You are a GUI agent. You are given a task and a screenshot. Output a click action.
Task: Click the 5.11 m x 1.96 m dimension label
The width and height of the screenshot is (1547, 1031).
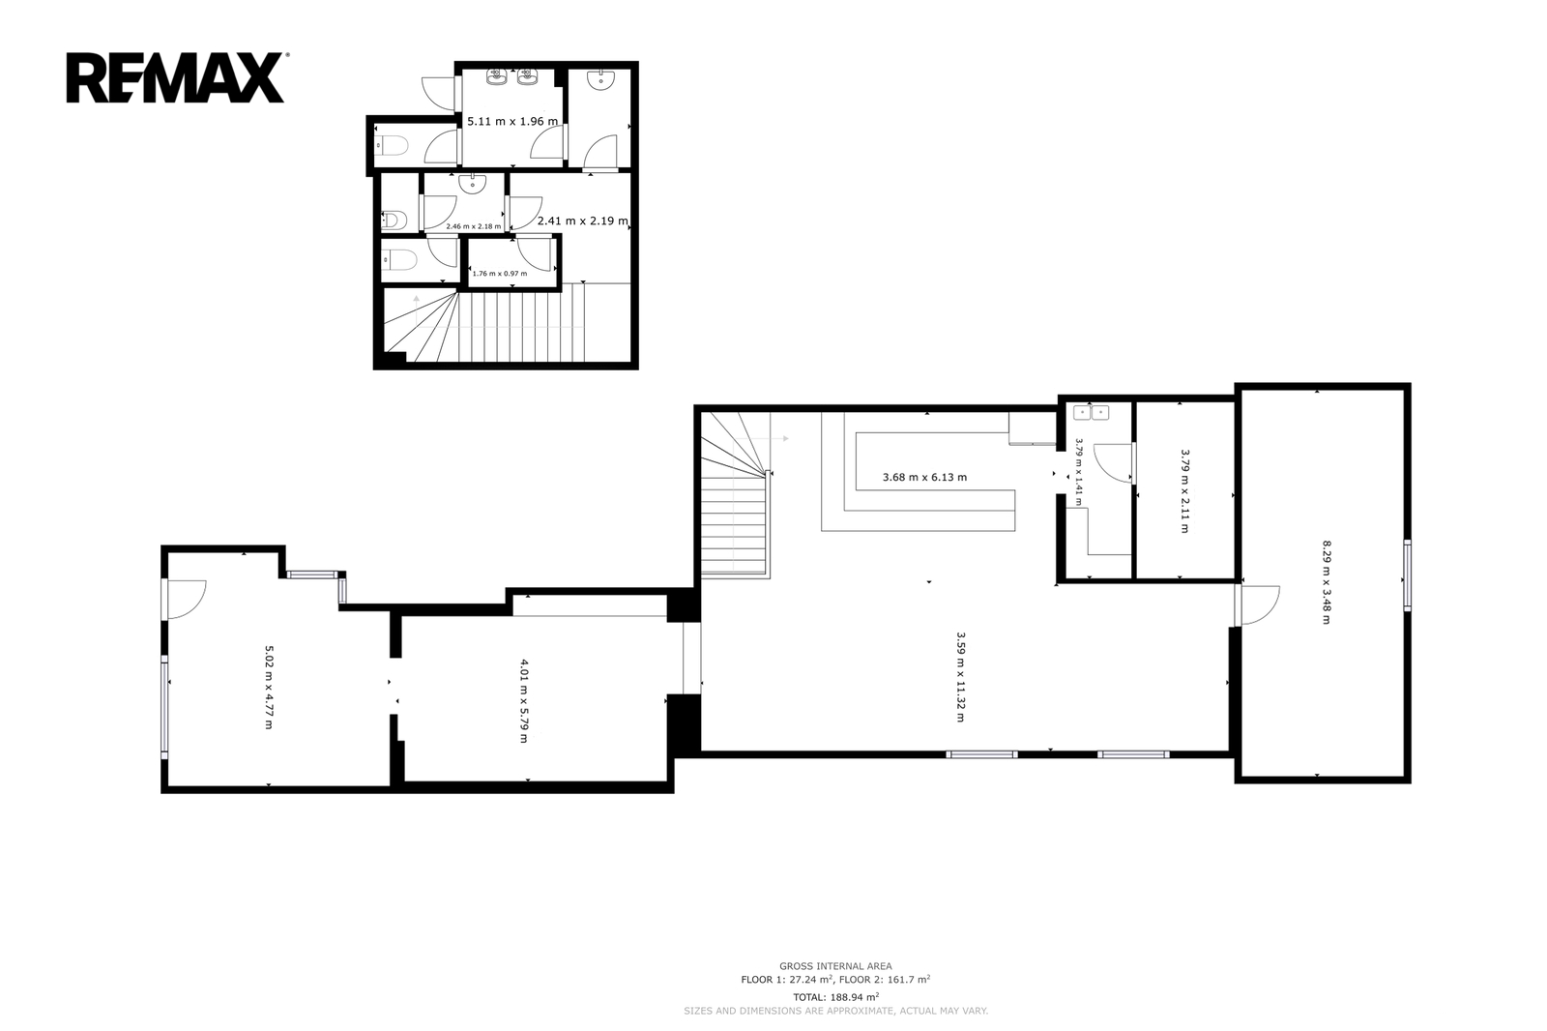pos(512,122)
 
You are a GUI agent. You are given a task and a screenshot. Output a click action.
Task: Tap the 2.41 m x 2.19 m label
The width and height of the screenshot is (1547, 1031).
pos(583,221)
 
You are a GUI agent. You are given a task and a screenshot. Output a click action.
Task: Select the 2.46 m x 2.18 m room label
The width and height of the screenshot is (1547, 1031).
pos(474,226)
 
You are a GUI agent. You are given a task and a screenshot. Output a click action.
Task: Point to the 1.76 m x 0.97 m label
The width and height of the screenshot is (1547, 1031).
pos(499,273)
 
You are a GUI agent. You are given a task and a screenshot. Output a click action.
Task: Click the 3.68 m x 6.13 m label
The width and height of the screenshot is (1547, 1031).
pos(924,477)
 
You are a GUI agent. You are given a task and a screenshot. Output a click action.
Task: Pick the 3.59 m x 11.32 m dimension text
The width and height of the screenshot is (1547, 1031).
pos(960,677)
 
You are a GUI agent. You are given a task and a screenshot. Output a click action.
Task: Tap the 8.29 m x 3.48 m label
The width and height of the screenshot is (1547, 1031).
pos(1326,582)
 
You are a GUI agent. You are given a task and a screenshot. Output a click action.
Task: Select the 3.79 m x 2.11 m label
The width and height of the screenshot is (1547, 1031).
pos(1184,491)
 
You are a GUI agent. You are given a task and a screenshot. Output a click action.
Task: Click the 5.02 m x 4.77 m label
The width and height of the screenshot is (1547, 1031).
pos(270,688)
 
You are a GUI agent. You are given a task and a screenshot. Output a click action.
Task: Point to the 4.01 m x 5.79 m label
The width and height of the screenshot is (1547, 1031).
pos(523,701)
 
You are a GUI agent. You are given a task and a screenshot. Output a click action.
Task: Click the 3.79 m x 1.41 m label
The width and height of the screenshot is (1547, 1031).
pos(1079,471)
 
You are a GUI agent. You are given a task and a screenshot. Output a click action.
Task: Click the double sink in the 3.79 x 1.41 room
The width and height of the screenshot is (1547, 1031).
pos(1092,413)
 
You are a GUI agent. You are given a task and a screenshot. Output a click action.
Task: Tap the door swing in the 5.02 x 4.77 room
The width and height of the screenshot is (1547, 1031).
pos(185,599)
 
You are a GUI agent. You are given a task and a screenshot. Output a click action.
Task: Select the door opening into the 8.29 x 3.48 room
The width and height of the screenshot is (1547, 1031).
pos(1258,605)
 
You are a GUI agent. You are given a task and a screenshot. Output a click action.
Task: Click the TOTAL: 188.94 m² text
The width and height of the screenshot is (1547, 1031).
pos(835,997)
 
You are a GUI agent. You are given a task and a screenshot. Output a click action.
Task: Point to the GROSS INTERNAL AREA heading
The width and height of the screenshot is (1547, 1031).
pos(835,966)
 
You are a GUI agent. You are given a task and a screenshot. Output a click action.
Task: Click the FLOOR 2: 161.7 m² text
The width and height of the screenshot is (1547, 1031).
pos(885,979)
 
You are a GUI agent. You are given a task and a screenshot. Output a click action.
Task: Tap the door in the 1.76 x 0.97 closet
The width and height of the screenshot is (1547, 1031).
pos(536,252)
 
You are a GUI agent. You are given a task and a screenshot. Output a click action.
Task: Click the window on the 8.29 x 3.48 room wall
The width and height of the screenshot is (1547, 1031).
pos(1408,575)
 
